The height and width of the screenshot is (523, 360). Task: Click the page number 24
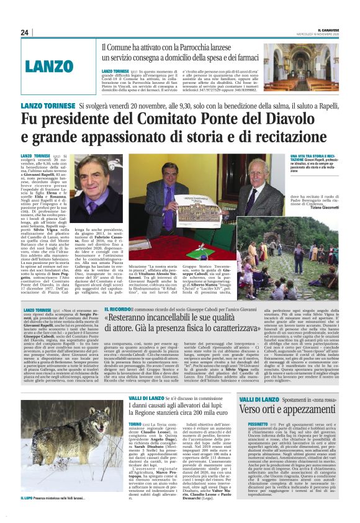tap(25, 32)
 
